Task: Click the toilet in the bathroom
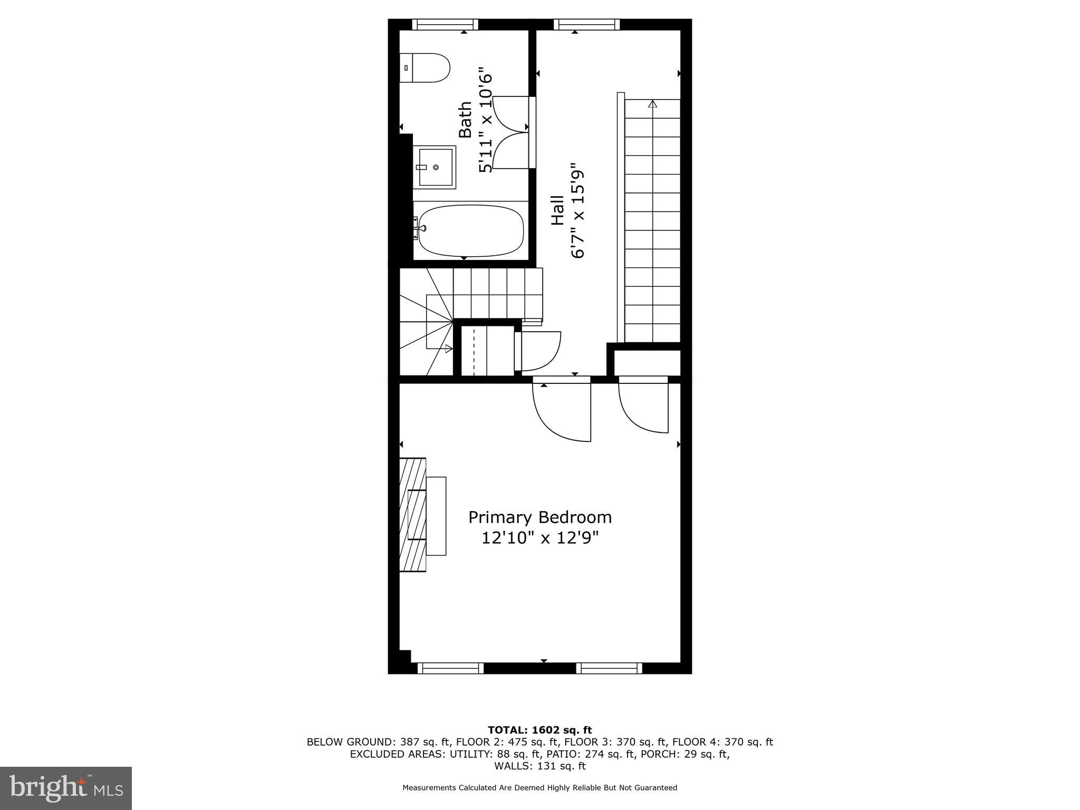click(x=425, y=67)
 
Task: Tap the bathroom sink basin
click(x=436, y=167)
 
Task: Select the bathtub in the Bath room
click(x=470, y=230)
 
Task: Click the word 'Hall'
click(x=557, y=210)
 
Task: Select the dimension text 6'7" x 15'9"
click(x=578, y=210)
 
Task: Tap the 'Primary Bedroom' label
click(x=540, y=517)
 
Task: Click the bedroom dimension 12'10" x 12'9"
click(x=540, y=538)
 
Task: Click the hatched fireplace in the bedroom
click(x=412, y=515)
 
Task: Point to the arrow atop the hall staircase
click(x=653, y=104)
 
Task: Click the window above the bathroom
click(x=445, y=24)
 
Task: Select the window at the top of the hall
click(x=586, y=24)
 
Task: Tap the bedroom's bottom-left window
click(x=450, y=668)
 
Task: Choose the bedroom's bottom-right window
click(x=609, y=668)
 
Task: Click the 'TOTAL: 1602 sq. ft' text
click(x=540, y=730)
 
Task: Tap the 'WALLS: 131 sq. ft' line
click(x=540, y=766)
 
